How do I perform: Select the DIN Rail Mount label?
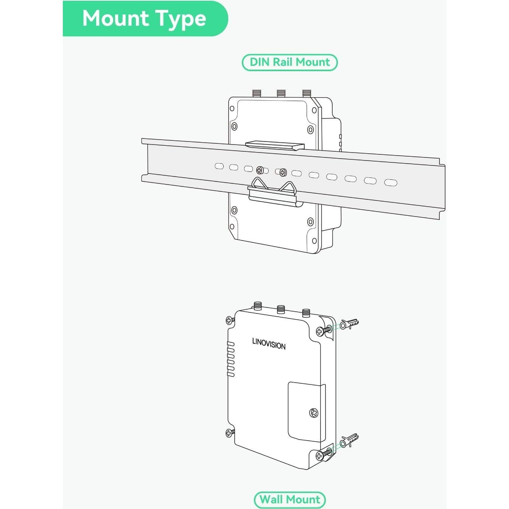tap(290, 62)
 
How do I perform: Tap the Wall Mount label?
tap(290, 492)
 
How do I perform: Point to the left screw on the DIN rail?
tap(260, 170)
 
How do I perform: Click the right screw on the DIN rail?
tap(283, 173)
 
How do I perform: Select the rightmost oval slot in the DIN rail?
tap(391, 182)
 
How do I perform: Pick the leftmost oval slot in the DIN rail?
tap(219, 166)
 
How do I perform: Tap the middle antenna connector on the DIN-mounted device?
tap(280, 93)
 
